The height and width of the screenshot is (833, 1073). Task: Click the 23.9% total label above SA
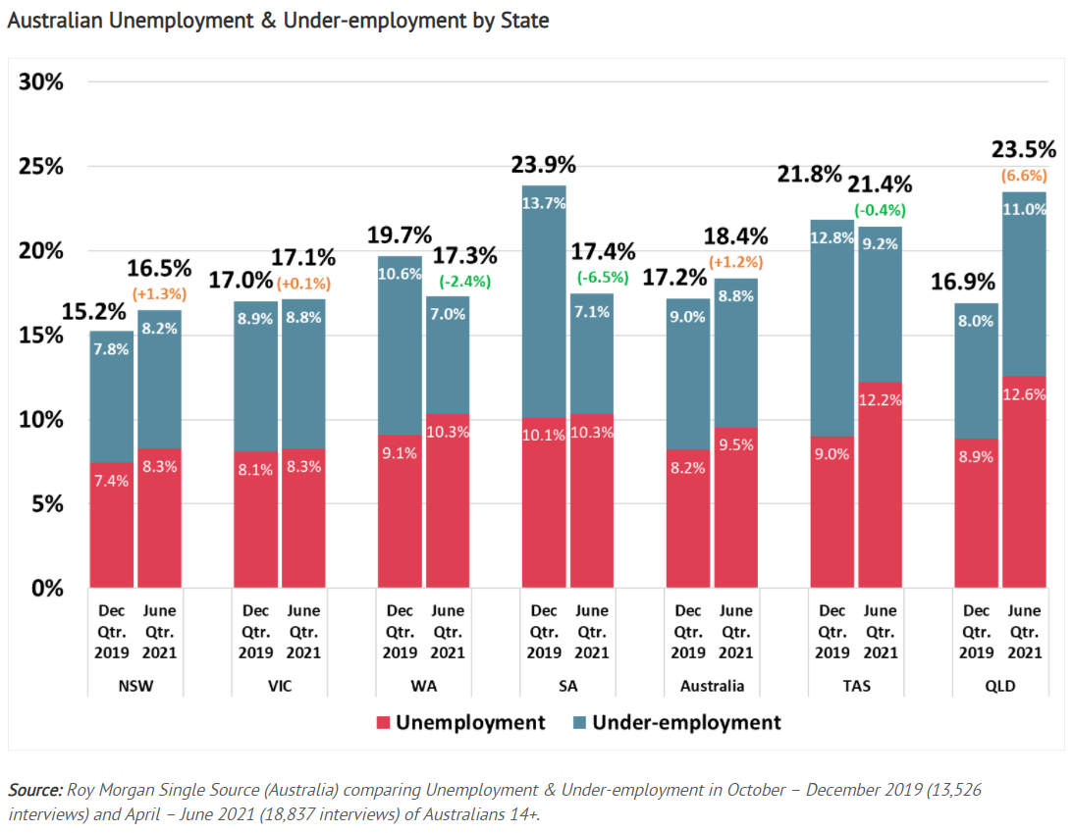point(543,165)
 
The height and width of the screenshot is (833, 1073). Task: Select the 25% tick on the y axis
point(41,166)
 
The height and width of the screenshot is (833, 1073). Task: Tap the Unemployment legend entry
point(460,723)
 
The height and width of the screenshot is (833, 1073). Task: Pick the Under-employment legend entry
point(676,723)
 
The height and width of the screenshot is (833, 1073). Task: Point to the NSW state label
point(134,686)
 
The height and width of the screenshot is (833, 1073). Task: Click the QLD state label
point(1000,686)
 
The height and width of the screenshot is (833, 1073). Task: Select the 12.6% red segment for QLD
point(1024,482)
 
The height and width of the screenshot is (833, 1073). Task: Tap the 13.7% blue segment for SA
point(543,301)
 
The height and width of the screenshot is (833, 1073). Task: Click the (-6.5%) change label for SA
point(592,278)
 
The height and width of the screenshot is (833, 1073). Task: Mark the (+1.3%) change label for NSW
point(159,293)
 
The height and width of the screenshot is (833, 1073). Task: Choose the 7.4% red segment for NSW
point(111,525)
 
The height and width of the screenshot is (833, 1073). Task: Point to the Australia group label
point(712,686)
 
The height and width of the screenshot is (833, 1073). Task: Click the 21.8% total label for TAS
point(810,175)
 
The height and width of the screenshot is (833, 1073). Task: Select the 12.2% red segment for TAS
point(881,485)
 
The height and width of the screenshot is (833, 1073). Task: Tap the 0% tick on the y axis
point(47,589)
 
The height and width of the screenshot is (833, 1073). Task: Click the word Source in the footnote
point(35,790)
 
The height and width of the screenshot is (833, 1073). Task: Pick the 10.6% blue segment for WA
point(400,345)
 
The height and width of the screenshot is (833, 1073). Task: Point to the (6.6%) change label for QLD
point(1024,176)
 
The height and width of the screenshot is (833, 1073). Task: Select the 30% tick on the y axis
point(41,81)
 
